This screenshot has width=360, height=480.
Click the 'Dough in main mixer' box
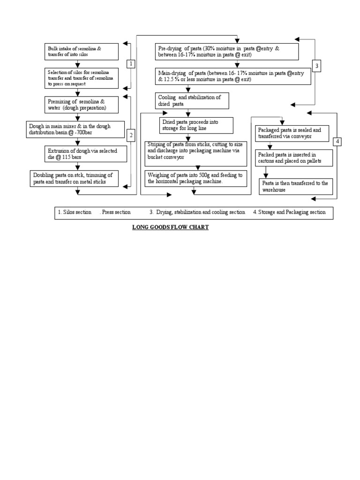(75, 129)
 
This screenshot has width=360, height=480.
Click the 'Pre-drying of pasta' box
(227, 52)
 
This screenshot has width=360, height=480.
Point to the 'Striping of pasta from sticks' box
(195, 152)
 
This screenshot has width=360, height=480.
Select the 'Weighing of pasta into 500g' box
(195, 178)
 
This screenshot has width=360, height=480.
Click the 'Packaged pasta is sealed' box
(292, 133)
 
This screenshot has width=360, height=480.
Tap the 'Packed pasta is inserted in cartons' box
(294, 158)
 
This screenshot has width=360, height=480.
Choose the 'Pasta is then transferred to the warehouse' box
(296, 186)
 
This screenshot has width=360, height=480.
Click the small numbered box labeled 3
(317, 66)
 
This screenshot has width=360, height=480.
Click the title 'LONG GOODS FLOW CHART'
(170, 227)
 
